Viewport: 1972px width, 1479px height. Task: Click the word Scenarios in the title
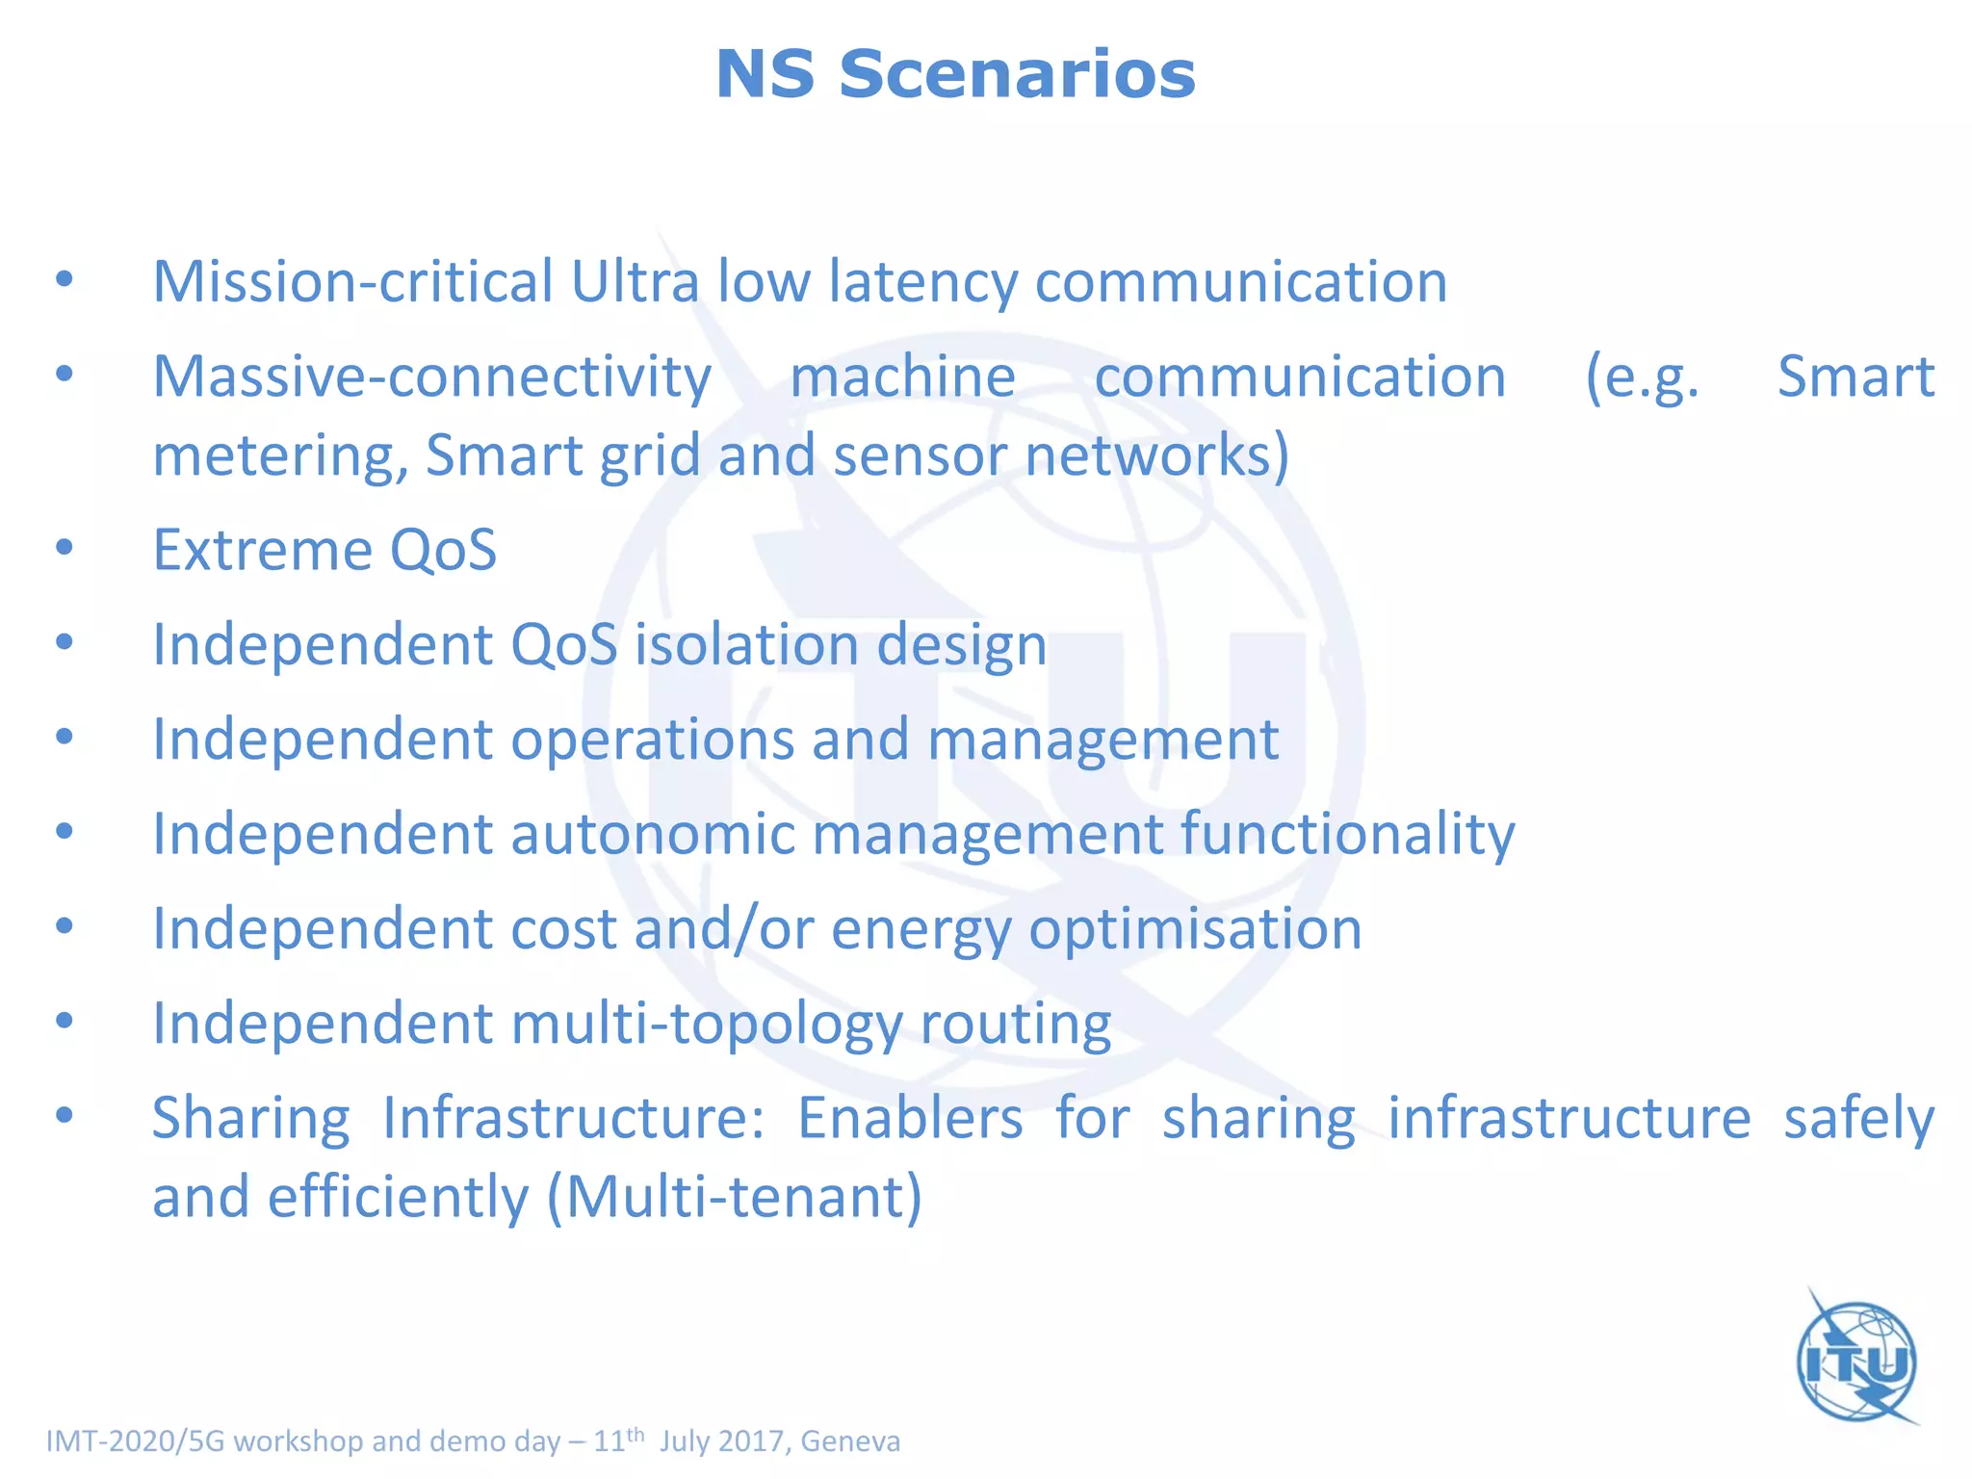click(x=1017, y=75)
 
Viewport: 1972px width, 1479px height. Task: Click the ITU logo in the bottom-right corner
click(x=1857, y=1361)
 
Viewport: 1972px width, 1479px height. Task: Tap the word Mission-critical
click(x=352, y=282)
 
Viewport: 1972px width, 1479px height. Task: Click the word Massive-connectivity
click(x=432, y=376)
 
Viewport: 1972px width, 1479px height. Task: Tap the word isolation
click(x=746, y=644)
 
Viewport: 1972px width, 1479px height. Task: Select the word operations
click(x=652, y=739)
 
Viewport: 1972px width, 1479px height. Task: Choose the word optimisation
click(x=1195, y=929)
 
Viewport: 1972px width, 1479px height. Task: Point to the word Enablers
click(x=910, y=1118)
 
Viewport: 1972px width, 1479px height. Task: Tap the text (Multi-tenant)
click(x=735, y=1197)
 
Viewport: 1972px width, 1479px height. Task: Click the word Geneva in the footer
click(x=850, y=1441)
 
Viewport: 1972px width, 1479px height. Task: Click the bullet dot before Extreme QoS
click(x=65, y=548)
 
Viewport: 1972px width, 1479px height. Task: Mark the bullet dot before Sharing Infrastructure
click(x=65, y=1116)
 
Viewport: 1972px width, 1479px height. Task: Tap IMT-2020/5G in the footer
click(x=136, y=1441)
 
